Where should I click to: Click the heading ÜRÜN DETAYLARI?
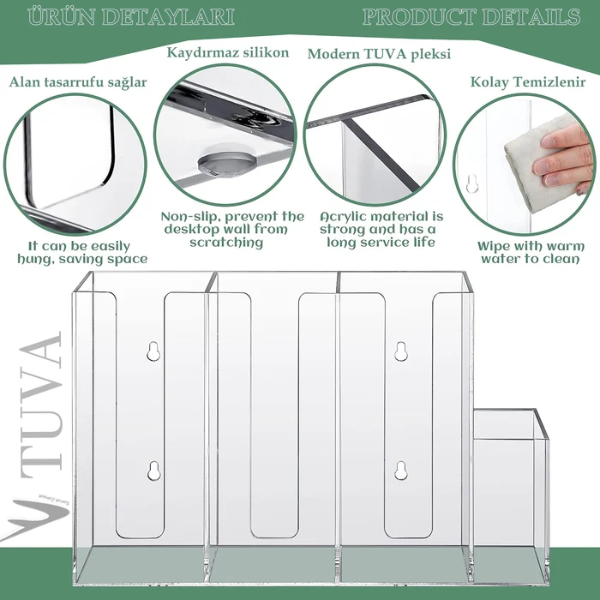[x=131, y=17]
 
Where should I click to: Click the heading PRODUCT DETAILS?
[x=471, y=17]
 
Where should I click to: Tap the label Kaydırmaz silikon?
[x=228, y=53]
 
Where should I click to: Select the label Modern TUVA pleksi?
[x=379, y=54]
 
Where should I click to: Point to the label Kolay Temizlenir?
[x=528, y=82]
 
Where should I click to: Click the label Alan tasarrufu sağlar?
[x=78, y=82]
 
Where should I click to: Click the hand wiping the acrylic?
[x=564, y=158]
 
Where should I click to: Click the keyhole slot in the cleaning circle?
[x=472, y=183]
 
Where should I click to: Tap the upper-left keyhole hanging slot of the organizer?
[x=153, y=351]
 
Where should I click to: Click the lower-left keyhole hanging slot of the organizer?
[x=153, y=471]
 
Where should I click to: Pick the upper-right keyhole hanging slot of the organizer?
[x=400, y=351]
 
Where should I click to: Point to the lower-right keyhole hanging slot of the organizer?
[x=400, y=471]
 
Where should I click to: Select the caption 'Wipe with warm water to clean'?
[x=531, y=252]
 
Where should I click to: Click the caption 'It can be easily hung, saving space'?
[x=82, y=252]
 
